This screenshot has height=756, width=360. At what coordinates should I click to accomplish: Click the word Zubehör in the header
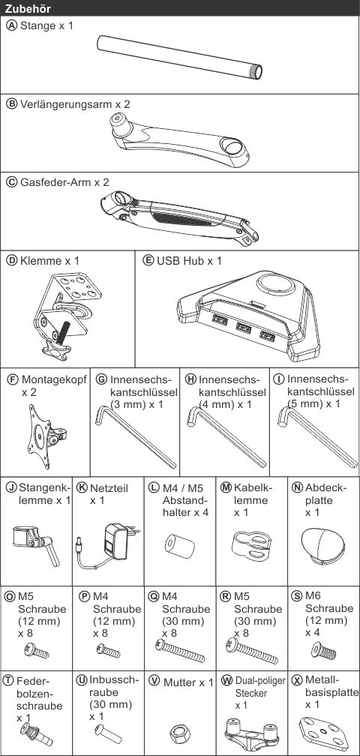point(28,7)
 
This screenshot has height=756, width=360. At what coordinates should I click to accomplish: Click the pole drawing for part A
point(180,57)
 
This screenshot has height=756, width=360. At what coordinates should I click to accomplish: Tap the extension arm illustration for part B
point(179,139)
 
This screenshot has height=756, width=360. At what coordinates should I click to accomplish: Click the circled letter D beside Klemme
point(11,261)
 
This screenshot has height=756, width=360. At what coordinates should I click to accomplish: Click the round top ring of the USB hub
point(275,284)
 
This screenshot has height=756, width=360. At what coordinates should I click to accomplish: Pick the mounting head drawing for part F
point(46,436)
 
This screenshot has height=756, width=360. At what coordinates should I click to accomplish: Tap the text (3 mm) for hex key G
point(127,403)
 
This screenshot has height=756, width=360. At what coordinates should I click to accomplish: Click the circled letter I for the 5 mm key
point(278,379)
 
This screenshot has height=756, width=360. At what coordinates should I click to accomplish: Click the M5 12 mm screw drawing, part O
point(37,652)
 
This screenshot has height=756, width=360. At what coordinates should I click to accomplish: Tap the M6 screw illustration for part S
point(323,650)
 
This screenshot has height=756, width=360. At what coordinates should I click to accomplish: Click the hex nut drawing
point(179,734)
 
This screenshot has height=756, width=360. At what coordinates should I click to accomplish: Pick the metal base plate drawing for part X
point(323,732)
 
